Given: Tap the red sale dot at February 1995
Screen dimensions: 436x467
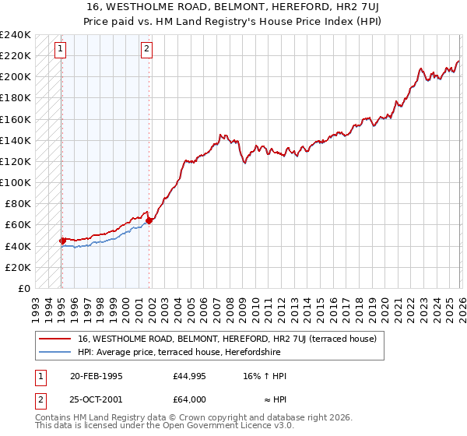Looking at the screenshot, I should pyautogui.click(x=61, y=241).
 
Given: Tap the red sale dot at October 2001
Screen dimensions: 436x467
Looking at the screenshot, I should pyautogui.click(x=149, y=220).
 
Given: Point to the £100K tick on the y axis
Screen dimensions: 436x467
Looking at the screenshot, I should pyautogui.click(x=15, y=182).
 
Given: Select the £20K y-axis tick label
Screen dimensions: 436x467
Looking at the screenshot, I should pyautogui.click(x=18, y=267).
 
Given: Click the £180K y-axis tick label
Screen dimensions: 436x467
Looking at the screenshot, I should pyautogui.click(x=15, y=98).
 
